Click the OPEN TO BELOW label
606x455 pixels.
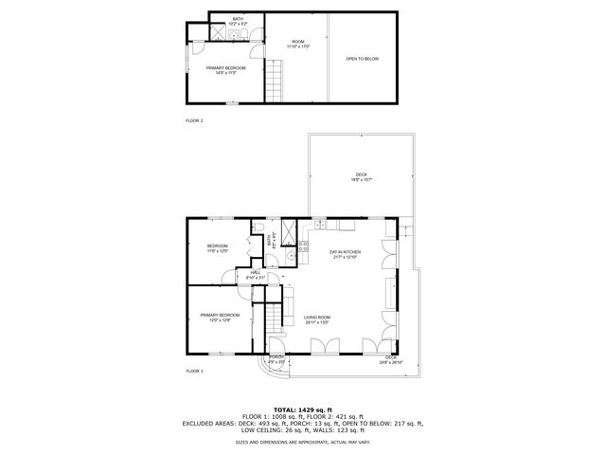coord(362,59)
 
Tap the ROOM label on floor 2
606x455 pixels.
coord(298,44)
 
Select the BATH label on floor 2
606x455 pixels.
coord(238,21)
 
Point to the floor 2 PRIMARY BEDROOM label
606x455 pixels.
coord(226,70)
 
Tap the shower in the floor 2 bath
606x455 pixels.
coord(217,35)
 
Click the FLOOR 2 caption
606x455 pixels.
coord(194,120)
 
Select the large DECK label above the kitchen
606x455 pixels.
coord(361,176)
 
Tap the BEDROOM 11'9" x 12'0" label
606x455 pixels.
coord(218,248)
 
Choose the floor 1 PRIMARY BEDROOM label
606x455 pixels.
coord(220,317)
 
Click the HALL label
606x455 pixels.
coord(255,275)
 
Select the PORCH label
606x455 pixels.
coord(276,359)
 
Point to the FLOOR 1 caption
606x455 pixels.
coord(194,370)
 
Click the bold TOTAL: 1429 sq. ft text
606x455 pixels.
coord(302,409)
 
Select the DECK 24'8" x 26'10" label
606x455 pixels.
coord(391,360)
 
